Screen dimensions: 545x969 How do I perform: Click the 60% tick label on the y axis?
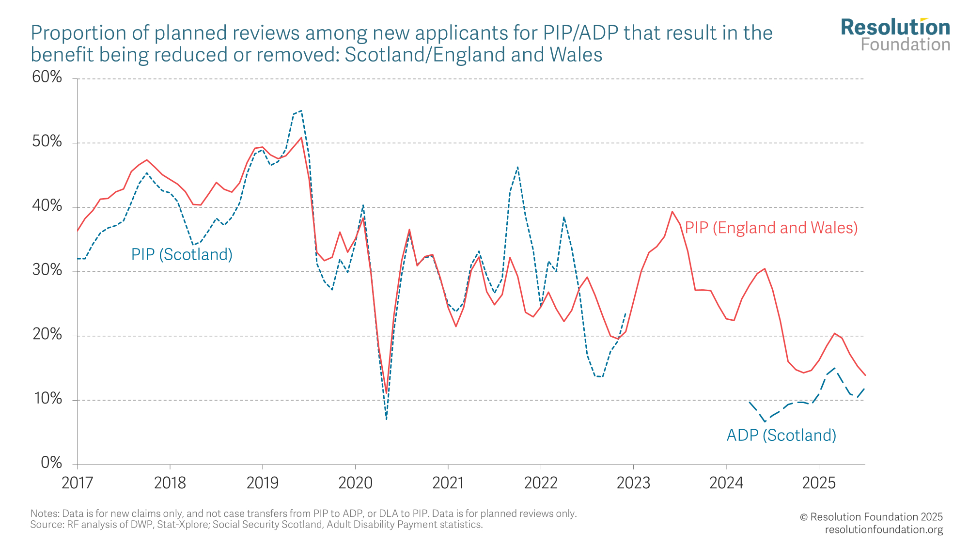coord(47,77)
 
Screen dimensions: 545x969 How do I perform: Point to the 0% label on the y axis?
coord(51,463)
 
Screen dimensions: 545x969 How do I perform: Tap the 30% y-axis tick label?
coord(47,270)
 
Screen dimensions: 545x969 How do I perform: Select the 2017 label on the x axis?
coord(77,483)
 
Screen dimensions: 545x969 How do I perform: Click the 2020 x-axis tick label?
coord(355,483)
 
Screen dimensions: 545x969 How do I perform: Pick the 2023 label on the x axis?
coord(633,483)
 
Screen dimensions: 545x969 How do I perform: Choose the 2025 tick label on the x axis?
coord(819,483)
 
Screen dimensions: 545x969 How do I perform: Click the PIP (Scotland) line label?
coord(182,254)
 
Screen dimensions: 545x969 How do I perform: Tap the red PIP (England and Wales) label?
coord(771,228)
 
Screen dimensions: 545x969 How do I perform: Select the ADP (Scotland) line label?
coord(781,435)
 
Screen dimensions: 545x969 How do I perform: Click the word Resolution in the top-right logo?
coord(895,28)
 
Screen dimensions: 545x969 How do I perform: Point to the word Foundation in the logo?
coord(905,45)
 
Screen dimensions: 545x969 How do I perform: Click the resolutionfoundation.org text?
coord(884,529)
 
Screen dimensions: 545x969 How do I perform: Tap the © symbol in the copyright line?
coord(804,517)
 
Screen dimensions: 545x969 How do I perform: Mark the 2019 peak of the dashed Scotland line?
coord(301,110)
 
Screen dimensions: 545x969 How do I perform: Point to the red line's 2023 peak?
coord(672,211)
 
